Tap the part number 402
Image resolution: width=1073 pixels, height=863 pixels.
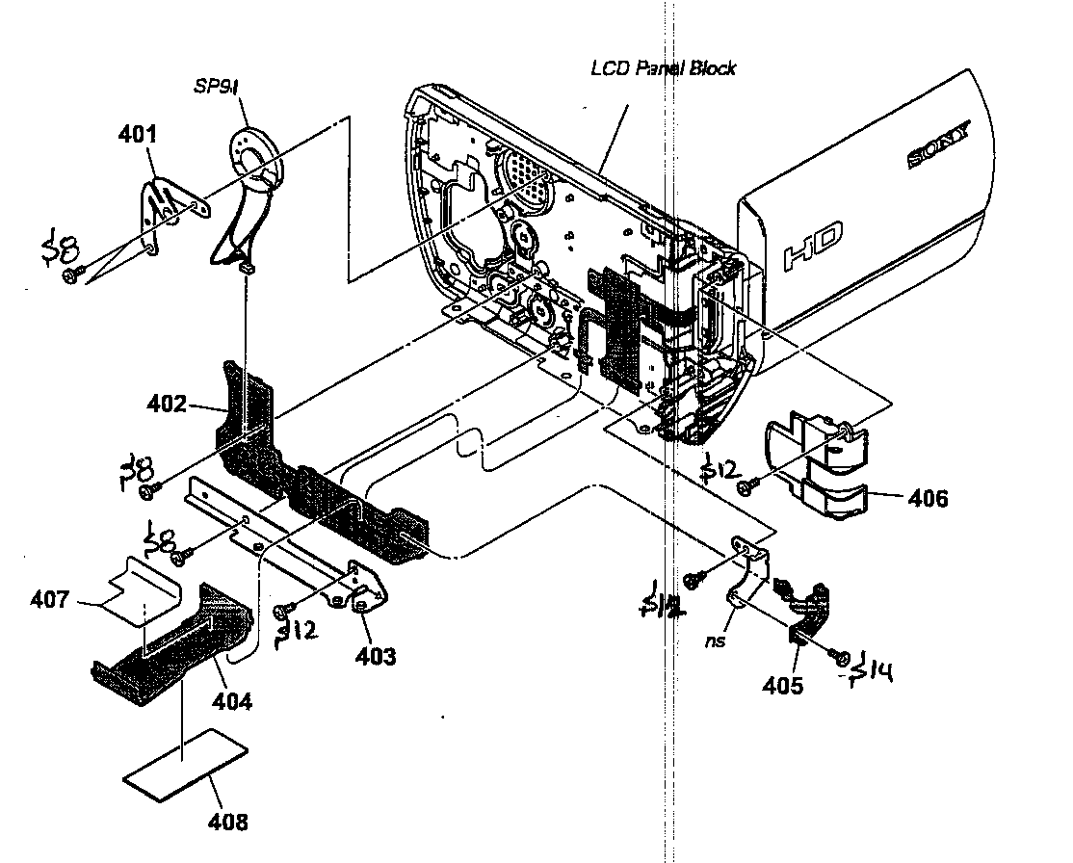167,405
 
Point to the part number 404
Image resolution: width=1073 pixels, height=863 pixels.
232,701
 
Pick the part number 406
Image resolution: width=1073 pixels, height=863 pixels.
927,498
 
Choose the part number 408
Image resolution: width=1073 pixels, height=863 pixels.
227,822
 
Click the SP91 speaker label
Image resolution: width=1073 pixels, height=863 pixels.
217,88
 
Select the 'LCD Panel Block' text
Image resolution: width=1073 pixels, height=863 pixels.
663,68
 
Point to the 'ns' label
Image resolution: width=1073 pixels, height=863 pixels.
714,641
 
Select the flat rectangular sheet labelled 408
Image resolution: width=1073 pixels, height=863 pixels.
185,761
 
